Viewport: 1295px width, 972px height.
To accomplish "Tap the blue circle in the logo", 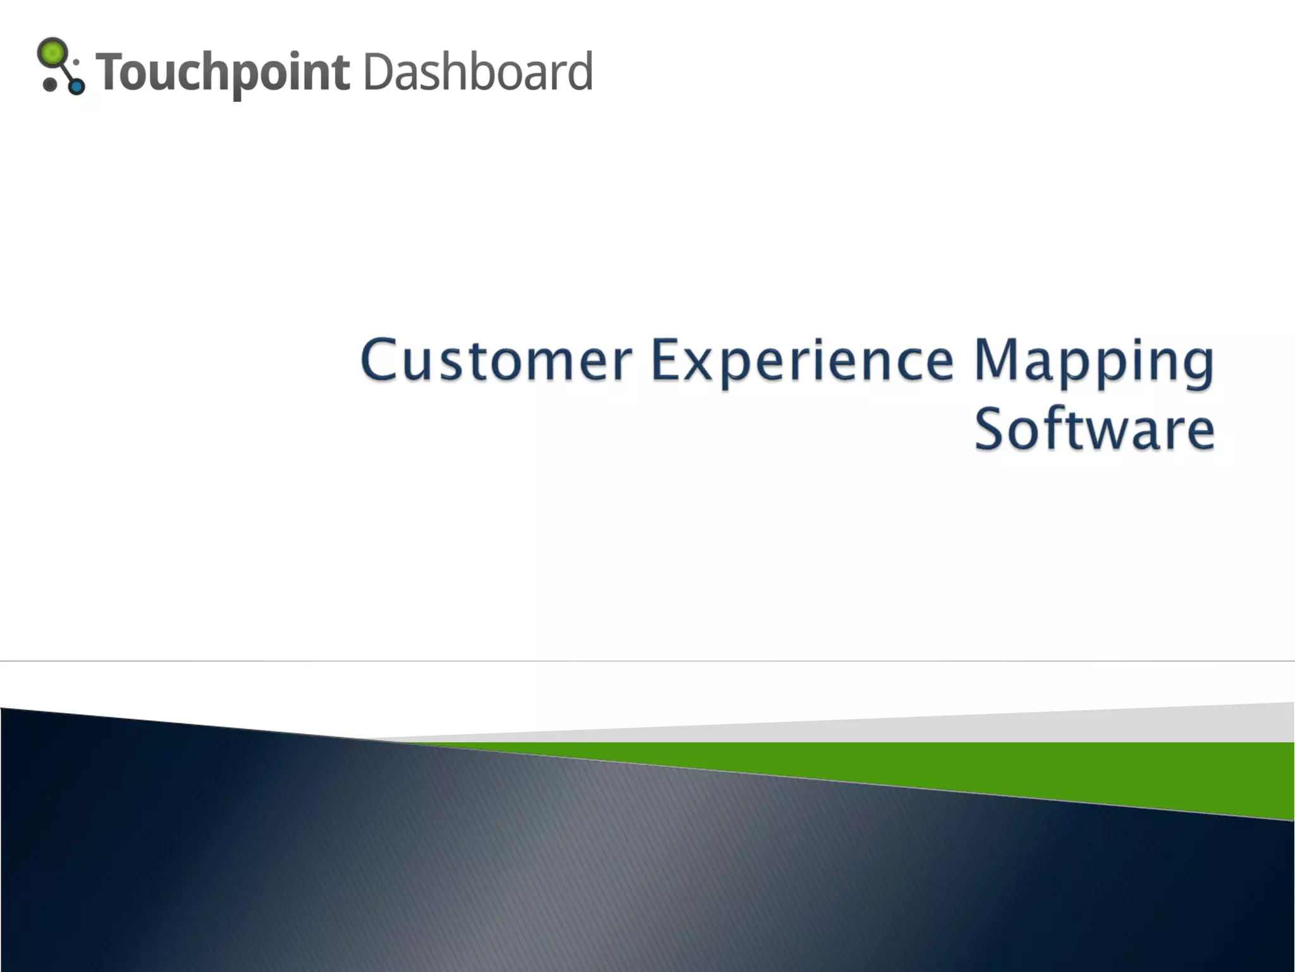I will point(77,86).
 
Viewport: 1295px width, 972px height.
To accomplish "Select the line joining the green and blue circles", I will point(66,72).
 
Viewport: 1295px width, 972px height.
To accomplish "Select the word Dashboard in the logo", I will point(478,71).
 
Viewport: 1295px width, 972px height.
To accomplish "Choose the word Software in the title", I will point(1094,430).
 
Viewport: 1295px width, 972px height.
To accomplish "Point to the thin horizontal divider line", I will point(647,661).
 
